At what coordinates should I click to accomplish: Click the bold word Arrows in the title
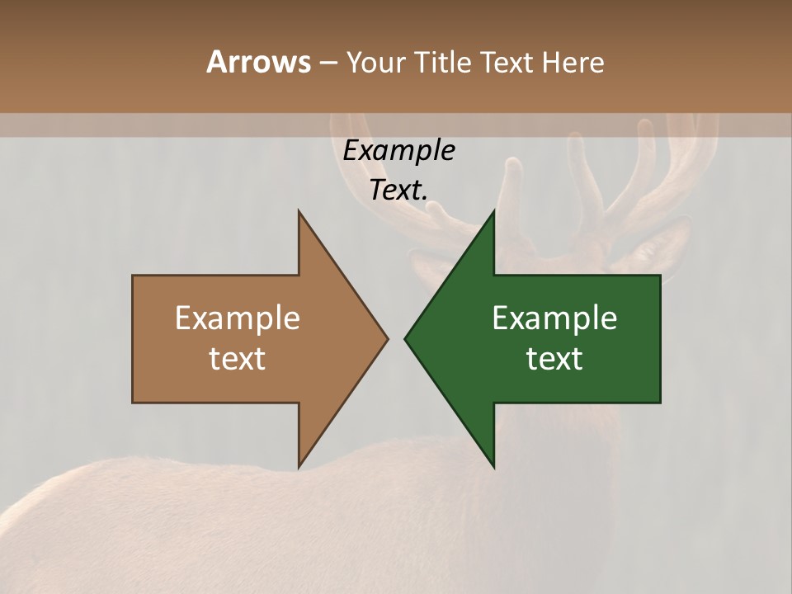[x=258, y=62]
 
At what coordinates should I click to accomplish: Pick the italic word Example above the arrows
[x=398, y=150]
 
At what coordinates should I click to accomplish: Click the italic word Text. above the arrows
[x=398, y=190]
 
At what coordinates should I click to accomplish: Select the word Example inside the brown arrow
[x=237, y=318]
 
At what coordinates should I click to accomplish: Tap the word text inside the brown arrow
[x=237, y=358]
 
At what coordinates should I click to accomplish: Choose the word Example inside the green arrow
[x=554, y=318]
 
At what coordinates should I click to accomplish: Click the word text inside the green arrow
[x=554, y=358]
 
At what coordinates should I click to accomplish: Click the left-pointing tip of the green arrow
[x=406, y=338]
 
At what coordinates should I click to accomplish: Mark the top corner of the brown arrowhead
[x=299, y=212]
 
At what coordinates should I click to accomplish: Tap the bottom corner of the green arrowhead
[x=493, y=466]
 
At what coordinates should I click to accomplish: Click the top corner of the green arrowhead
[x=493, y=212]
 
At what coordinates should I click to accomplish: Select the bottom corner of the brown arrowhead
[x=299, y=466]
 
